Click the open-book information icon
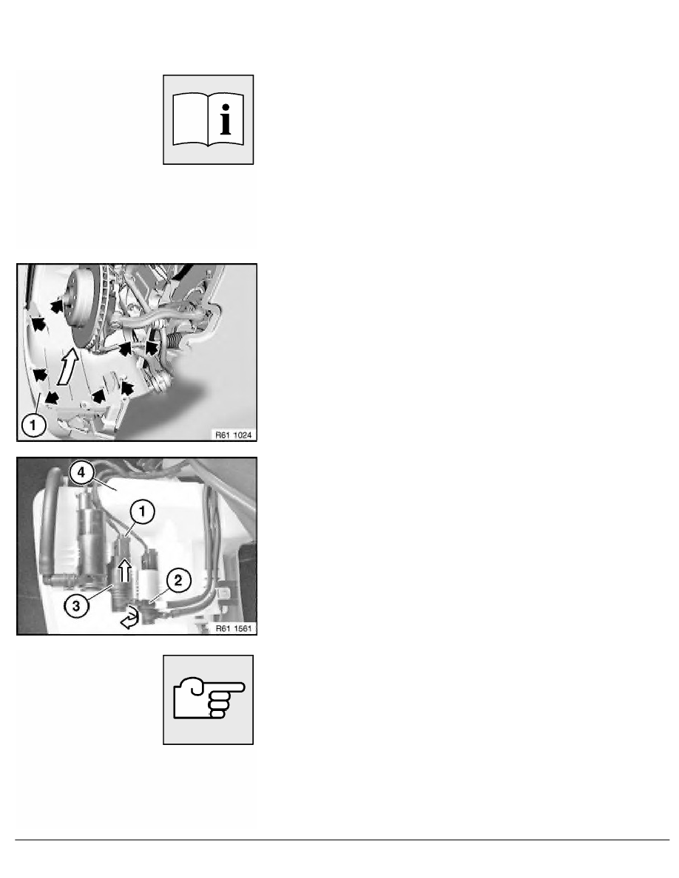(209, 119)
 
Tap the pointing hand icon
(209, 699)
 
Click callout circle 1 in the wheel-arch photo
(33, 424)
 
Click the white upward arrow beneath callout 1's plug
(126, 569)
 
